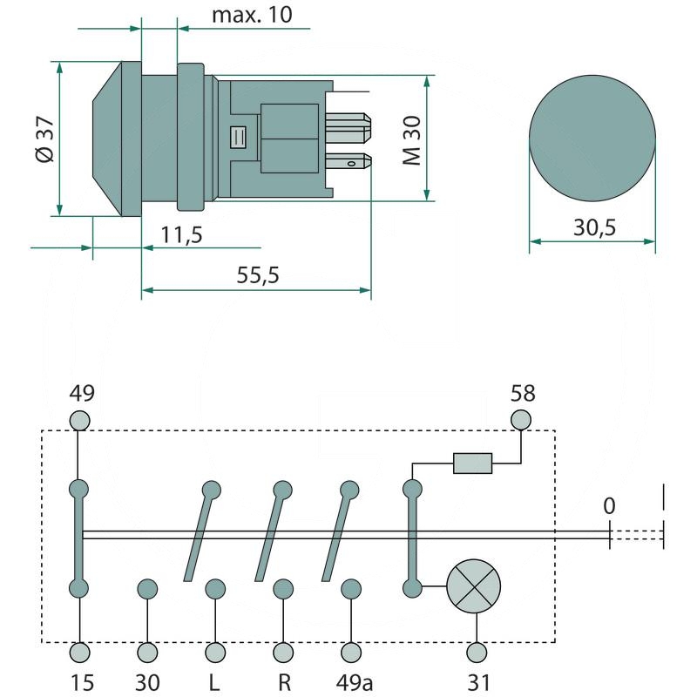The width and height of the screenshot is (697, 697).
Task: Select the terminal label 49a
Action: (x=351, y=680)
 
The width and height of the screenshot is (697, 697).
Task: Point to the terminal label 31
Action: (x=476, y=680)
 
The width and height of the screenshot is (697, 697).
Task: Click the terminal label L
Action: (x=214, y=680)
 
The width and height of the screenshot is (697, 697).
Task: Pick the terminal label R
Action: (x=282, y=680)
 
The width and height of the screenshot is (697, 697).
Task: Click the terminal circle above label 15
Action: (x=80, y=651)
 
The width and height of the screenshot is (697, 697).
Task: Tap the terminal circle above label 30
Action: (x=147, y=651)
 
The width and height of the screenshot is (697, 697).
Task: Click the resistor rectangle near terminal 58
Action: (x=473, y=463)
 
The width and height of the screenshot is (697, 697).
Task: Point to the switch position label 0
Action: (x=609, y=506)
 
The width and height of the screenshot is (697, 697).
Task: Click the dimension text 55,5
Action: (x=257, y=275)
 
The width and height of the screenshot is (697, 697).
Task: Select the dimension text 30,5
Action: (x=595, y=227)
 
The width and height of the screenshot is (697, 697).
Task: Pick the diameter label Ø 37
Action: (x=44, y=139)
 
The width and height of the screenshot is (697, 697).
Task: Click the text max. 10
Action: (x=252, y=14)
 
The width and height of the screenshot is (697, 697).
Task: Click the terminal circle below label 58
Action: (x=521, y=420)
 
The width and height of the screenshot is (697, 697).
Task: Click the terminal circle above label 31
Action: (x=476, y=651)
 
